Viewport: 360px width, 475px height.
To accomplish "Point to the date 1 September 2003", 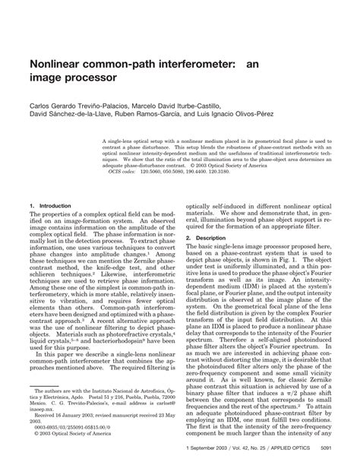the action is pos(209,448).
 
